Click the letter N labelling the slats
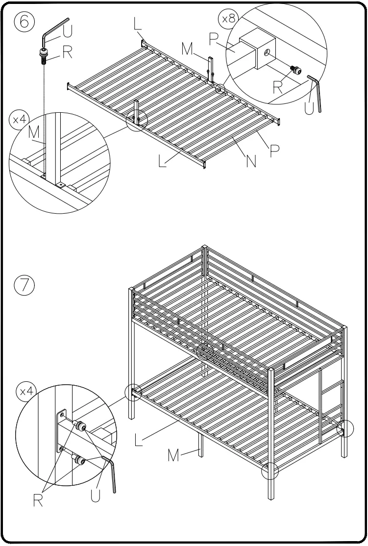[x=251, y=160]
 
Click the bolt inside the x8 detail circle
[x=296, y=71]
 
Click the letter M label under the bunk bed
[x=173, y=456]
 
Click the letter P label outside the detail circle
[x=275, y=150]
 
